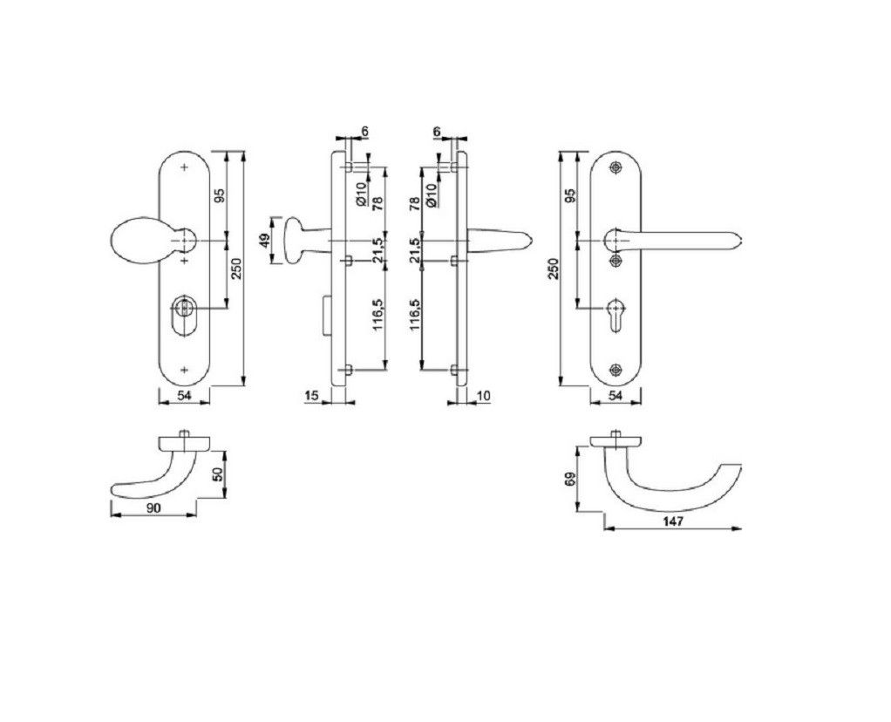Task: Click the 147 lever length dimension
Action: pyautogui.click(x=671, y=521)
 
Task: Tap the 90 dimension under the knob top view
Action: pyautogui.click(x=153, y=506)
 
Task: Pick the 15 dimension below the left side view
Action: pyautogui.click(x=311, y=396)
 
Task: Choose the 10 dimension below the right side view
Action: pyautogui.click(x=486, y=396)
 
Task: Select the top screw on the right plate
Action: pyautogui.click(x=617, y=168)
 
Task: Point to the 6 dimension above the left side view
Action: pyautogui.click(x=364, y=131)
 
